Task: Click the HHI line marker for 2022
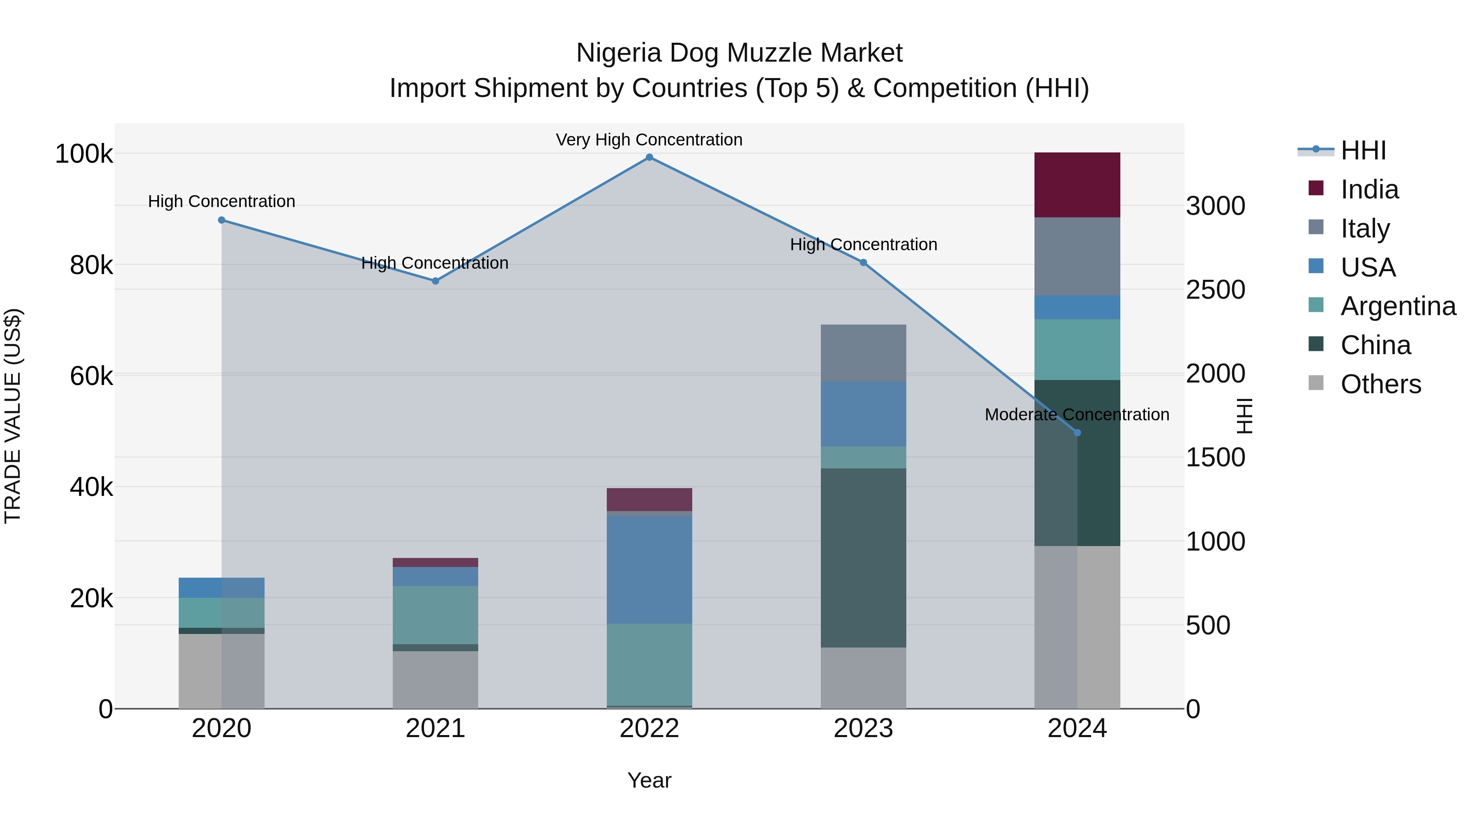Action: pos(650,157)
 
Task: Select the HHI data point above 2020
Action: pos(221,220)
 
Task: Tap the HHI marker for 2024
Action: pos(1077,432)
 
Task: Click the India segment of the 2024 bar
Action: pos(1077,185)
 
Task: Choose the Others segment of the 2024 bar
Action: pos(1077,627)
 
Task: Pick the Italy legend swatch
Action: pos(1315,227)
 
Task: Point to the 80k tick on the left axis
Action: pos(91,265)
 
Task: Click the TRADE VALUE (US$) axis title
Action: pos(13,416)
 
